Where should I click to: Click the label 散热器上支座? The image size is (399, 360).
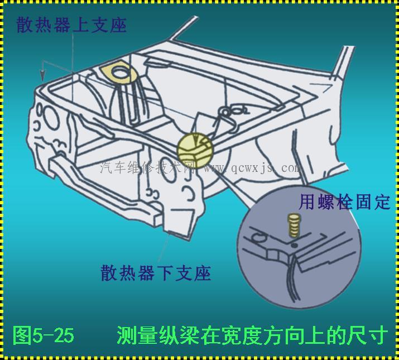click(x=71, y=25)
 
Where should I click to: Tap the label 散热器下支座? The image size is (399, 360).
click(x=156, y=273)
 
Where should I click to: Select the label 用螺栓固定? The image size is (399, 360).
click(x=344, y=202)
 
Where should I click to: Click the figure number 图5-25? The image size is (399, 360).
click(x=44, y=335)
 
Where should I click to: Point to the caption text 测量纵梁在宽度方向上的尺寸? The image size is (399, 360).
click(x=252, y=335)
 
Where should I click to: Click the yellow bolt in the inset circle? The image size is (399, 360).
click(x=294, y=225)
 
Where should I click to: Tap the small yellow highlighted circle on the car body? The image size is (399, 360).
click(x=195, y=151)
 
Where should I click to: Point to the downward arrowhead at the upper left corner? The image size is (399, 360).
click(x=43, y=75)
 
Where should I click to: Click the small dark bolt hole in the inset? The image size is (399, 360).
click(x=294, y=246)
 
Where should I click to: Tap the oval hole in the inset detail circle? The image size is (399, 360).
click(x=259, y=238)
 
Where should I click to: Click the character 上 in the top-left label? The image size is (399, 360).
click(x=81, y=25)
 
